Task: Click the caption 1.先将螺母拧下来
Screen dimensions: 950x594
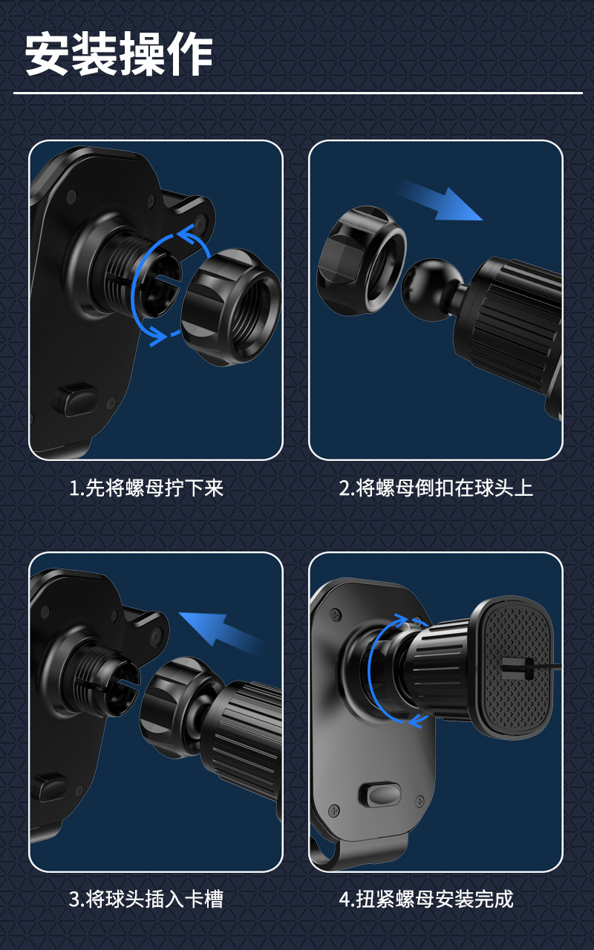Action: (x=146, y=488)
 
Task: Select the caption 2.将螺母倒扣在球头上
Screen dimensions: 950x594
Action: (x=436, y=488)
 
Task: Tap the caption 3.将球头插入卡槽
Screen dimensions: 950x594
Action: (x=146, y=900)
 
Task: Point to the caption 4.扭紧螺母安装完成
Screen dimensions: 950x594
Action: (x=426, y=900)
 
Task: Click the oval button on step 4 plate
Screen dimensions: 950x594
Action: (x=379, y=796)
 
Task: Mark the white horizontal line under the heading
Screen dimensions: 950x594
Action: (x=297, y=94)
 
